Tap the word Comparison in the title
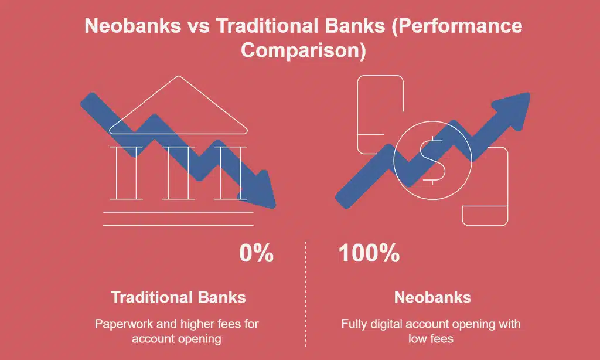click(304, 49)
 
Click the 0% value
click(256, 254)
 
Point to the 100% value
click(369, 254)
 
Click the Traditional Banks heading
click(178, 297)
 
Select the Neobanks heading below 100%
click(432, 297)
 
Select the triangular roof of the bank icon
click(179, 111)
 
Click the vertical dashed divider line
click(305, 293)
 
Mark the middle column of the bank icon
click(178, 172)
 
